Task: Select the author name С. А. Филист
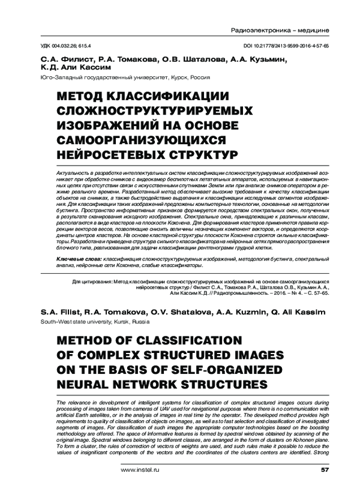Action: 62,60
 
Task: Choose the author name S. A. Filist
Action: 60,313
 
